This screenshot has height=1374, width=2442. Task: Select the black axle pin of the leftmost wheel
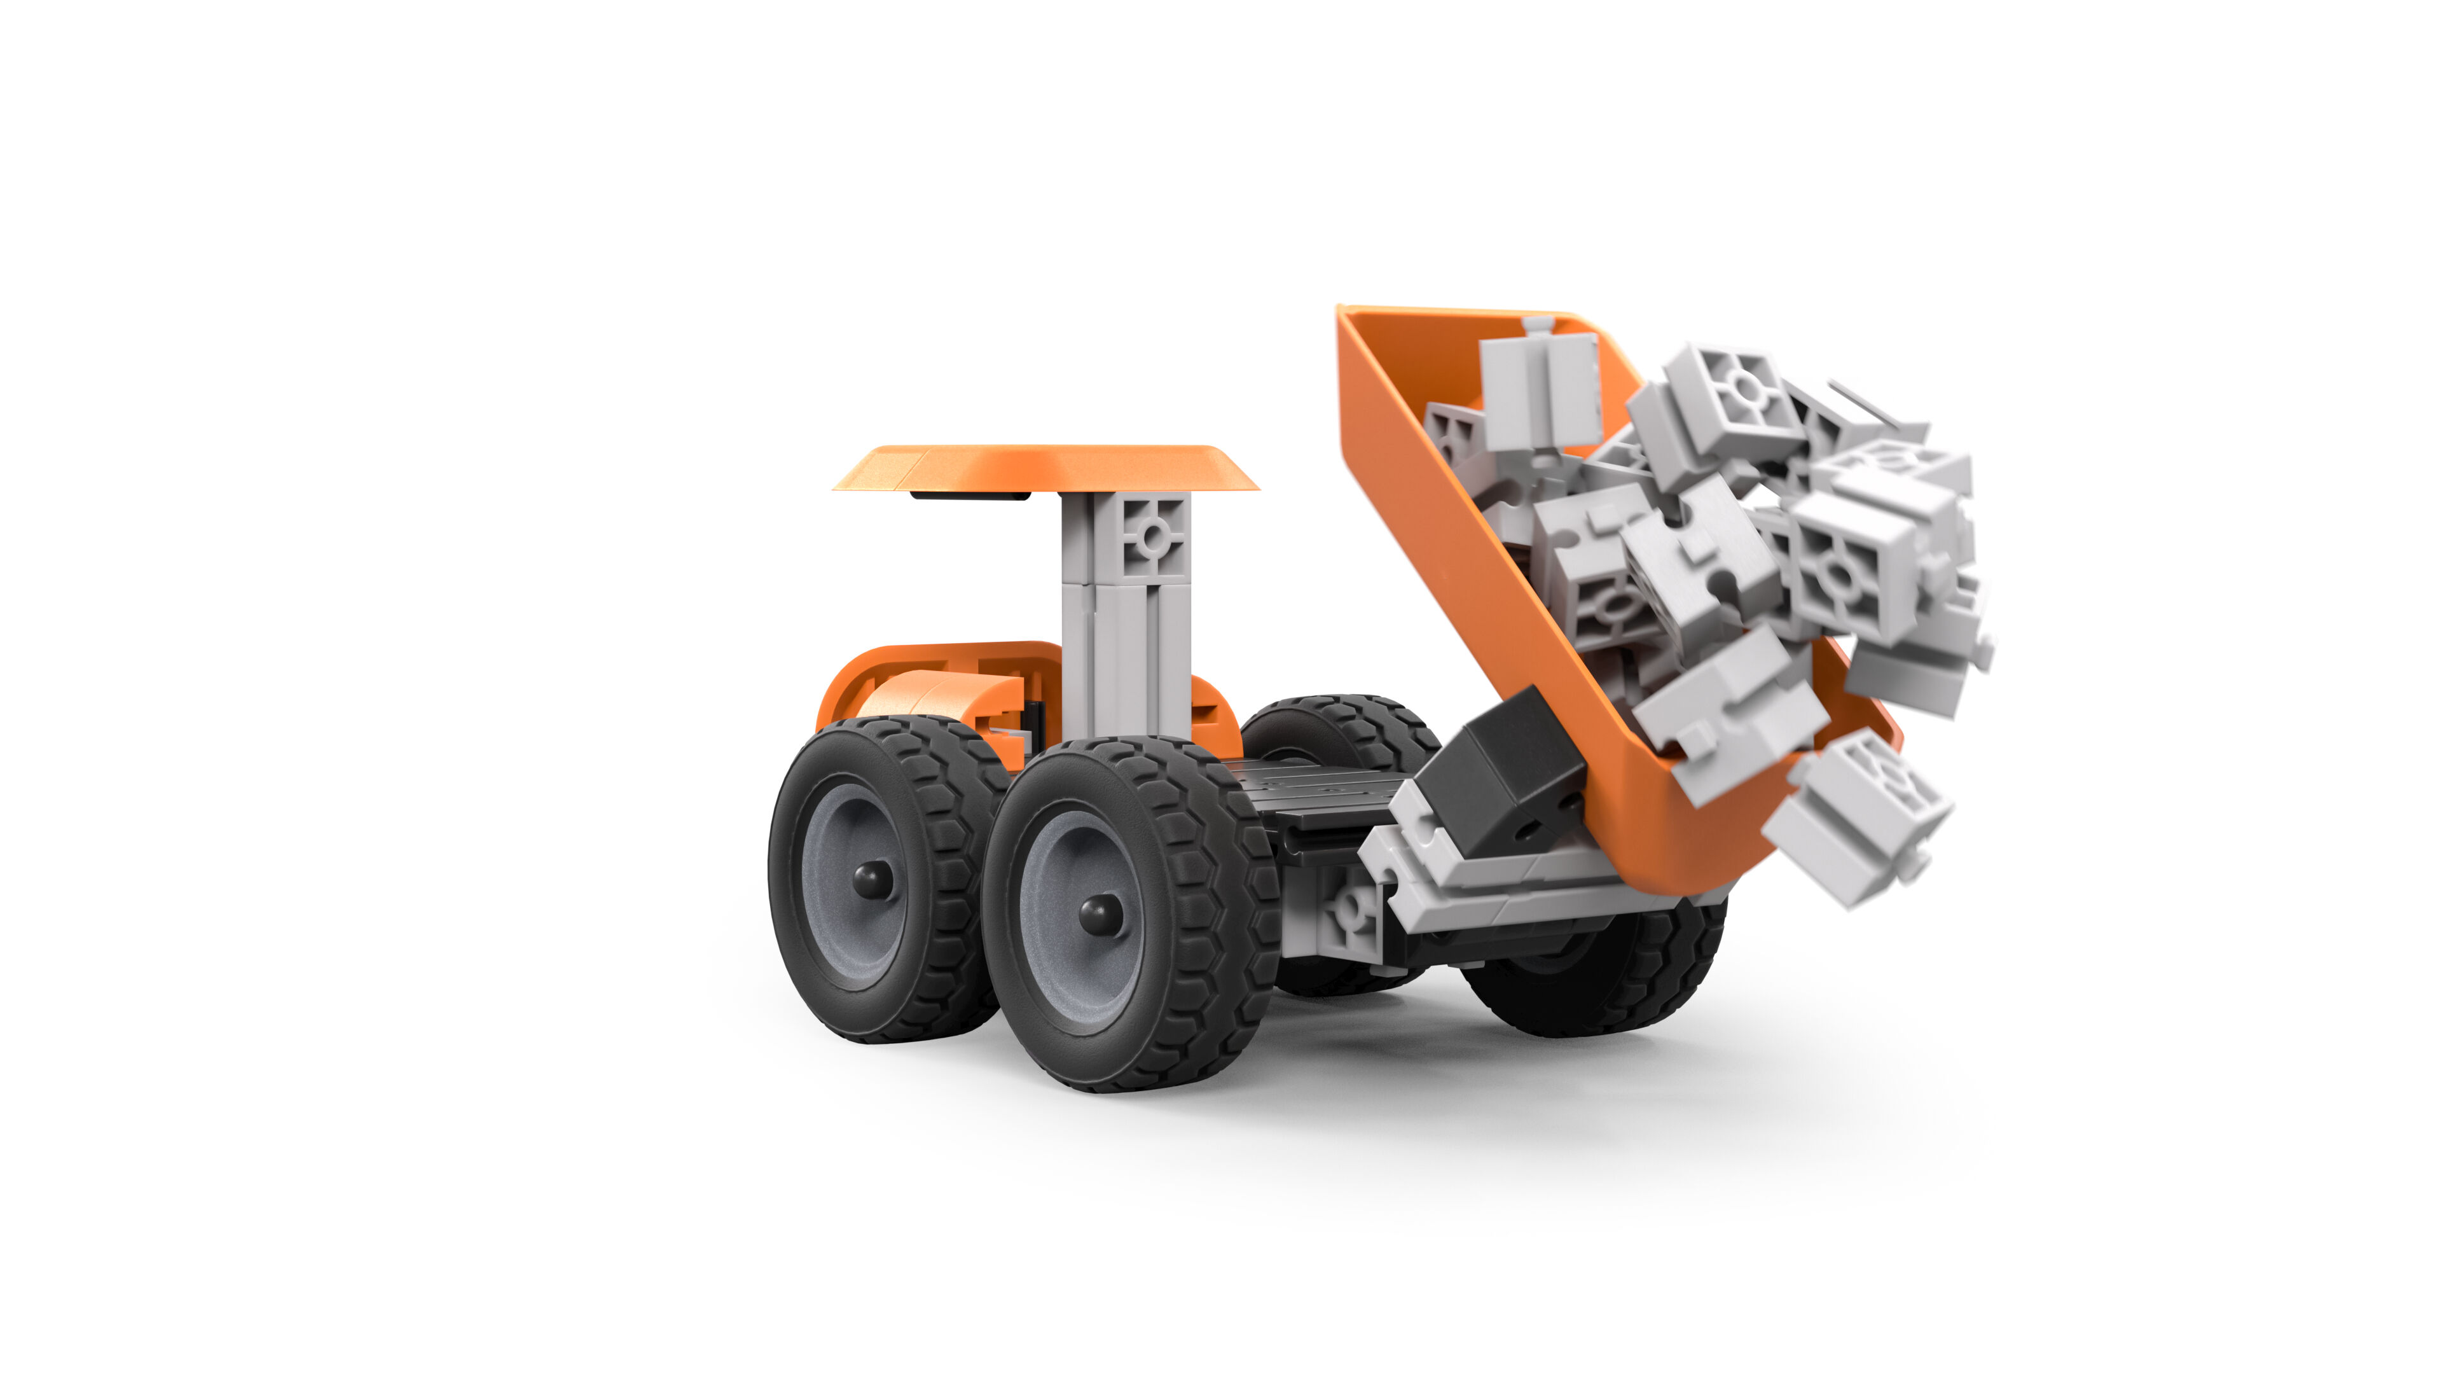tap(871, 879)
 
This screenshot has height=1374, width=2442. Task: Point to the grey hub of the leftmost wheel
tap(844, 910)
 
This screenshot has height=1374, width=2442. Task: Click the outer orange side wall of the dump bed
tap(1479, 569)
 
